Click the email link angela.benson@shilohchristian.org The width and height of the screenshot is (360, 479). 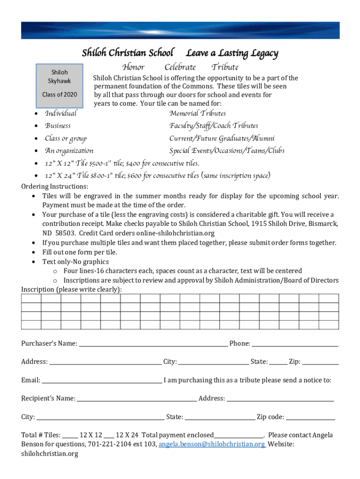[212, 444]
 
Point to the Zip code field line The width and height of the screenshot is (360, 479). [310, 417]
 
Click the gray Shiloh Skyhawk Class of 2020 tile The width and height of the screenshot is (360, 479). [59, 83]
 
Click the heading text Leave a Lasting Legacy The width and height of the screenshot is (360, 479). [232, 53]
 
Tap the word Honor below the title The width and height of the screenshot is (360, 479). [133, 67]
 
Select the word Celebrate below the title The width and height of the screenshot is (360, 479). [180, 67]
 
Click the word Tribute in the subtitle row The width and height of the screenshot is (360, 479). [225, 67]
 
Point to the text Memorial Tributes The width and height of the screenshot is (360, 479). [198, 113]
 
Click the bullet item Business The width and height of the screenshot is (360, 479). [58, 125]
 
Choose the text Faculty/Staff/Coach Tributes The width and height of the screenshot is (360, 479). [214, 125]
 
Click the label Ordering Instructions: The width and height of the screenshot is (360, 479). [55, 187]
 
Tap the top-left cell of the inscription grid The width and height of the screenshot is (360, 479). [31, 298]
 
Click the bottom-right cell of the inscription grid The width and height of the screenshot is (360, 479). [329, 325]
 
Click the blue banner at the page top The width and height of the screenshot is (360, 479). [180, 30]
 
